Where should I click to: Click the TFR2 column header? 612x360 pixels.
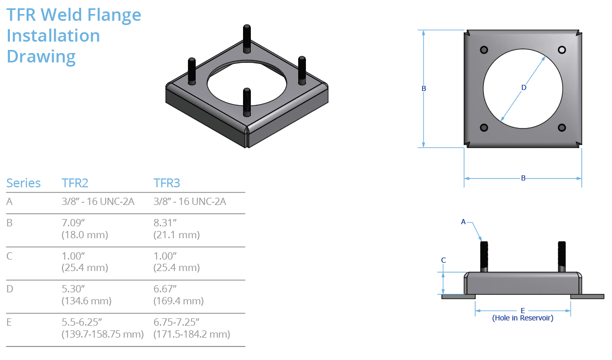[x=75, y=183]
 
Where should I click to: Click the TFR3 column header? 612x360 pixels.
[x=167, y=183]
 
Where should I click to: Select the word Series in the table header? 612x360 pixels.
[x=23, y=183]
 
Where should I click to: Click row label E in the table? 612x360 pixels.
[x=9, y=323]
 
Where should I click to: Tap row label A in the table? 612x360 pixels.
[x=9, y=201]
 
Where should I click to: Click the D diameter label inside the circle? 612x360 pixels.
[x=524, y=87]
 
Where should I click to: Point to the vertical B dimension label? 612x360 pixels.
[x=424, y=89]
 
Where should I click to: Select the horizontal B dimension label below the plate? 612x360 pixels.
[x=523, y=178]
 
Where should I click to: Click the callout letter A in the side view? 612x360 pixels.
[x=463, y=222]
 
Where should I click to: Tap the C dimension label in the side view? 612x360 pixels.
[x=443, y=260]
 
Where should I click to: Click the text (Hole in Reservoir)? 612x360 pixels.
[x=522, y=318]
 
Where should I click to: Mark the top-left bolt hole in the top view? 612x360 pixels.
[x=484, y=49]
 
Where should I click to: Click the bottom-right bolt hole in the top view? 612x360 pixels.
[x=562, y=127]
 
